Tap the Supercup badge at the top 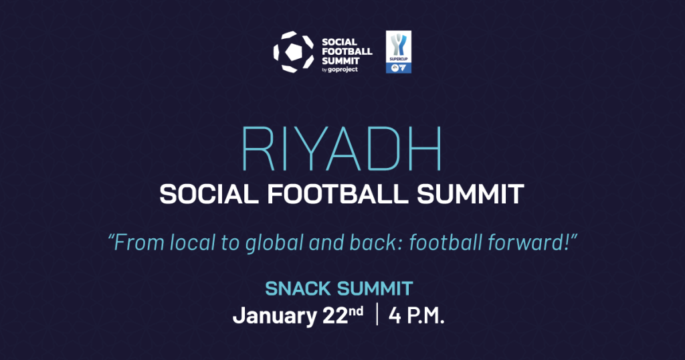(400, 52)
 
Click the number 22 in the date (333, 316)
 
